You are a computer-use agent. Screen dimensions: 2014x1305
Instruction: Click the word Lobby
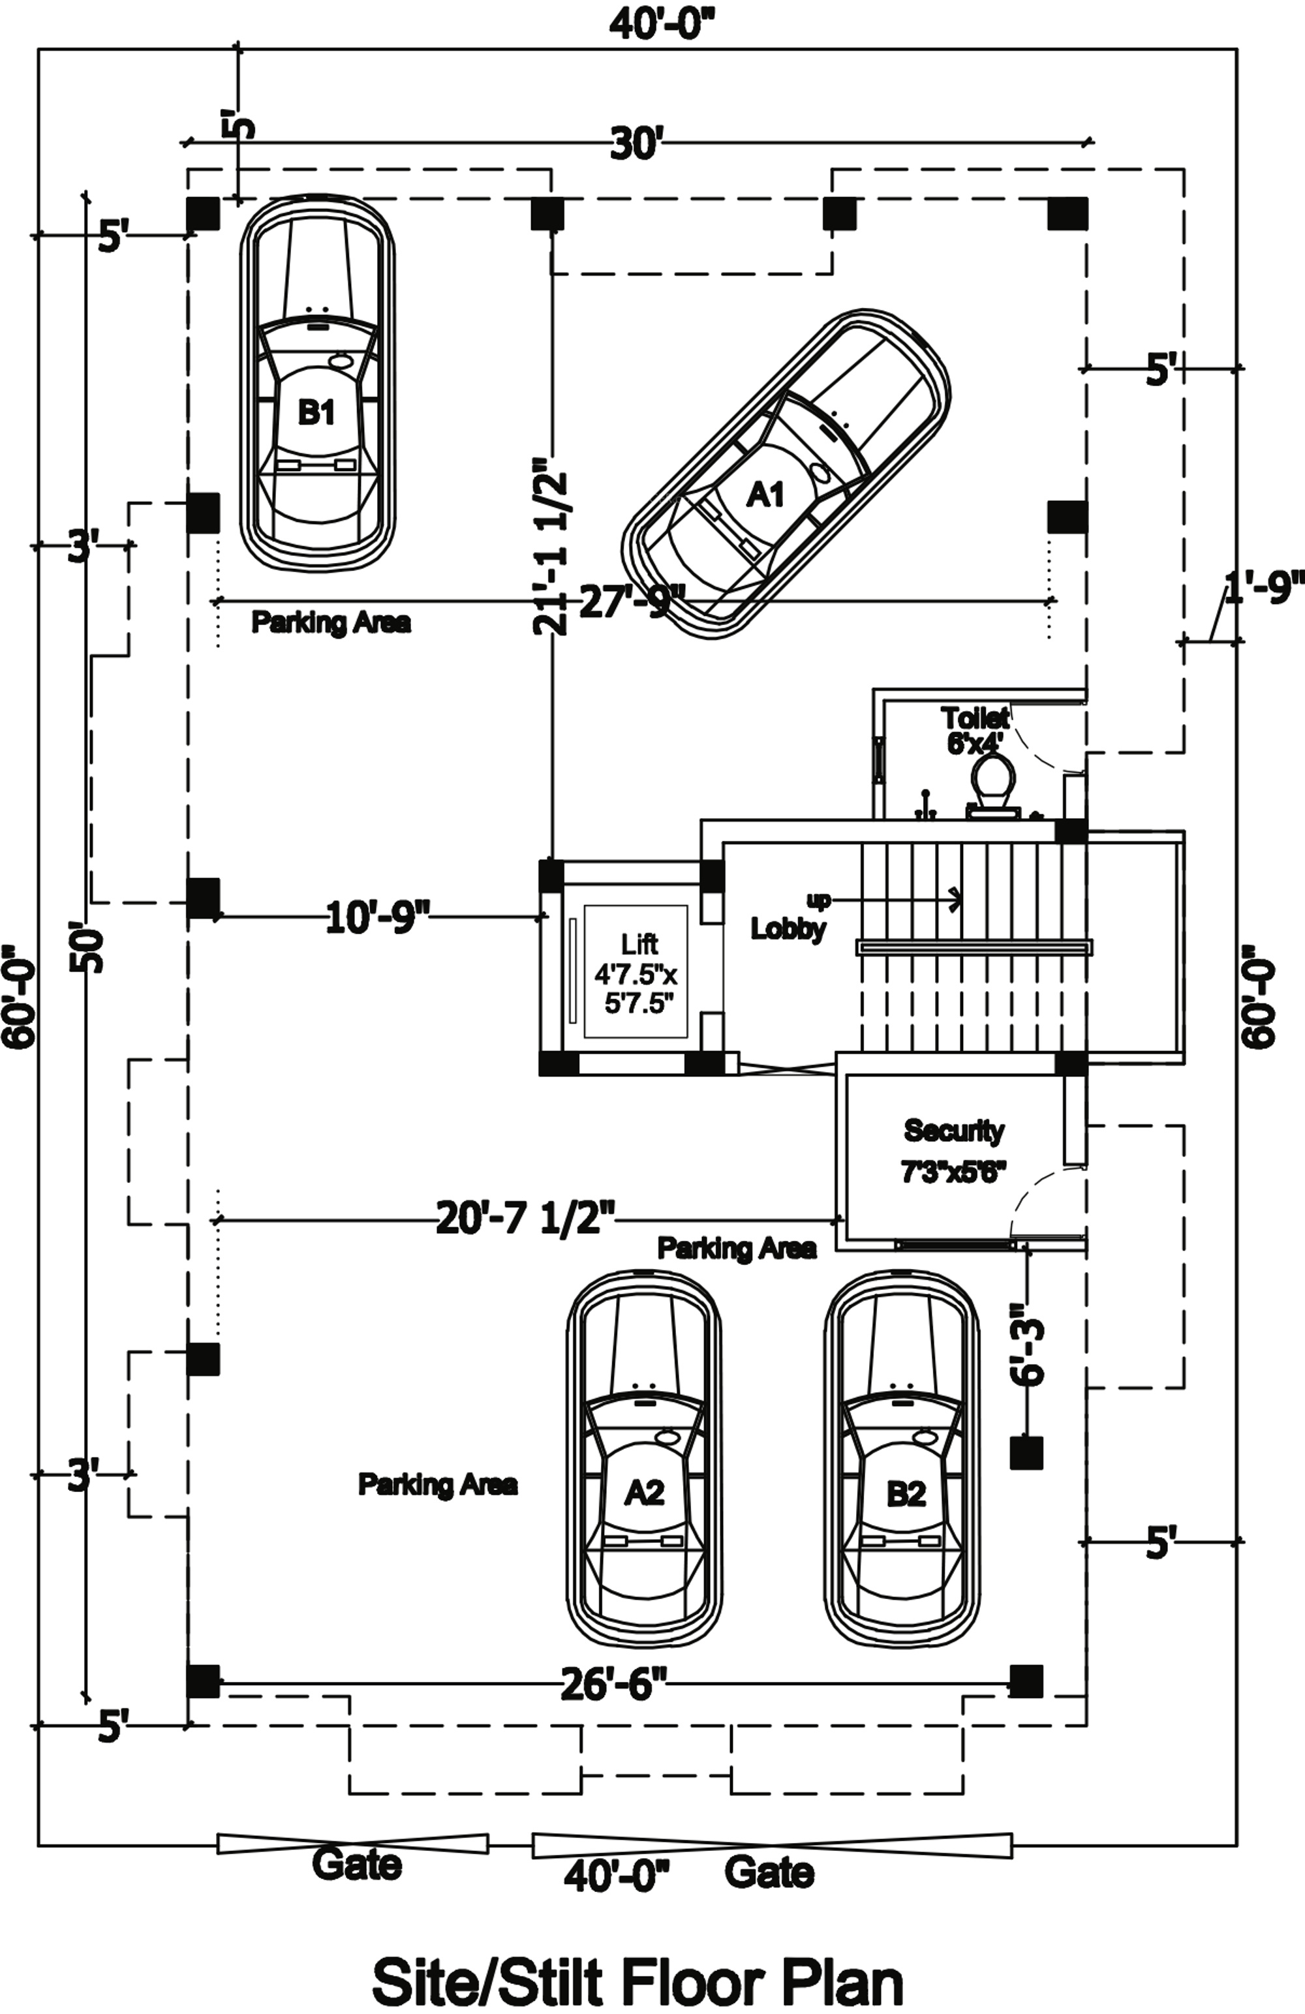pos(788,928)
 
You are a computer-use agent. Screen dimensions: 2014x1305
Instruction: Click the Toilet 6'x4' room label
pos(975,730)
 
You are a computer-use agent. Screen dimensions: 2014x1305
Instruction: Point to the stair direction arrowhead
pos(957,900)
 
